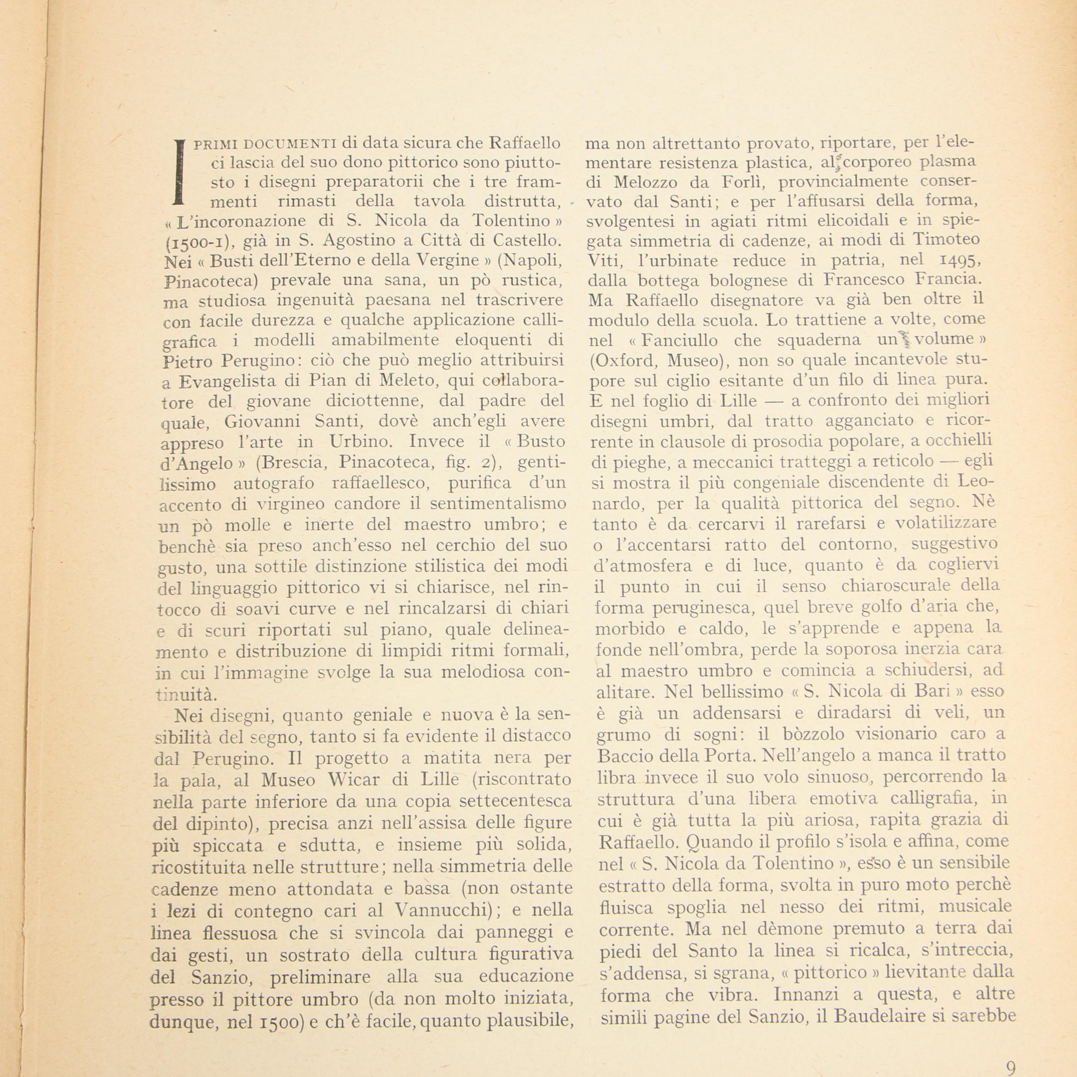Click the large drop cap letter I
[178, 172]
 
